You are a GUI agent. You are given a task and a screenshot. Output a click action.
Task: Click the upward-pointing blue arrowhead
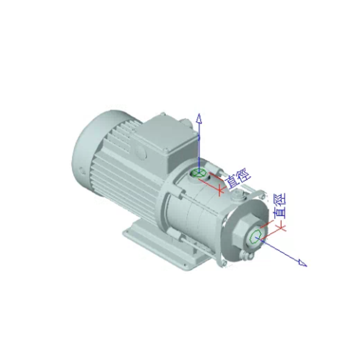click(199, 118)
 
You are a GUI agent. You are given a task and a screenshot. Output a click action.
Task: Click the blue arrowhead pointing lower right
click(302, 263)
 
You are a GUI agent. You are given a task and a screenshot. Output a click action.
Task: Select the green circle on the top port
click(199, 173)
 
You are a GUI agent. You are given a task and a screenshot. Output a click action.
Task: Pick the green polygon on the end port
click(256, 236)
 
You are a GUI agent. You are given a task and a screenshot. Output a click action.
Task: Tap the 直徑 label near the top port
click(238, 178)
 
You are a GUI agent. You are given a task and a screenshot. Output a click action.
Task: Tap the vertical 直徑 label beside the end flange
click(280, 206)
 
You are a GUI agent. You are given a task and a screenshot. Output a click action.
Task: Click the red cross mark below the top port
click(220, 190)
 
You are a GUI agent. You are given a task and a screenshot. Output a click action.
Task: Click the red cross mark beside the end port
click(281, 227)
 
